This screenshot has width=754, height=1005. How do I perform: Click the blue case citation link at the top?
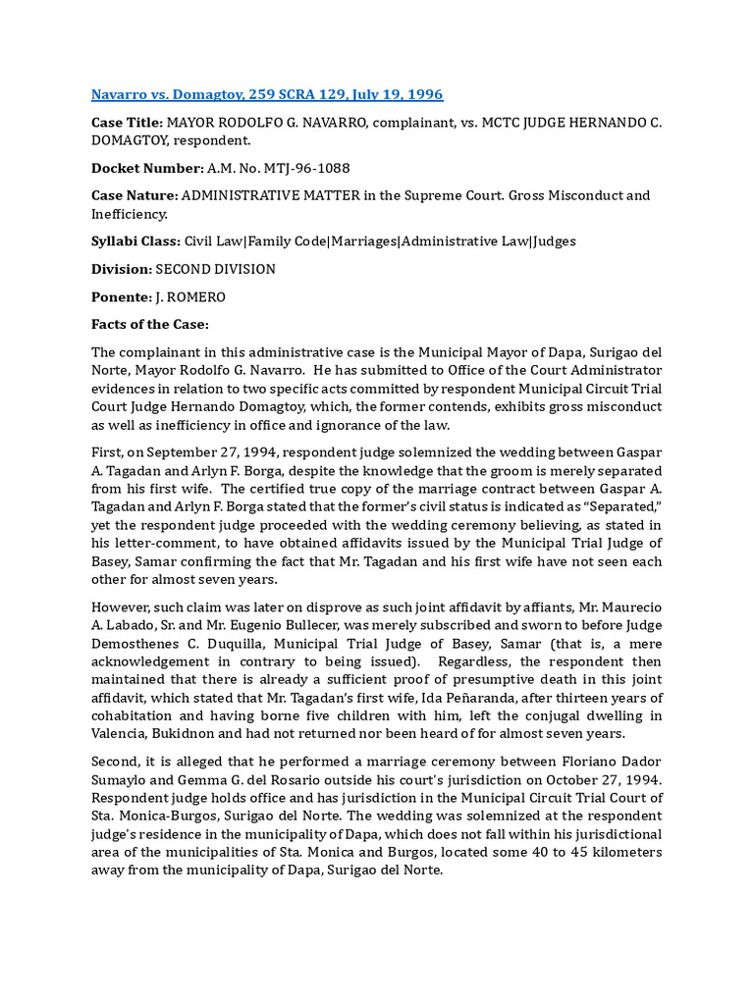coord(266,95)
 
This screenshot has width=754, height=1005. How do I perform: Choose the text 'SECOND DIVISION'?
coord(216,268)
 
